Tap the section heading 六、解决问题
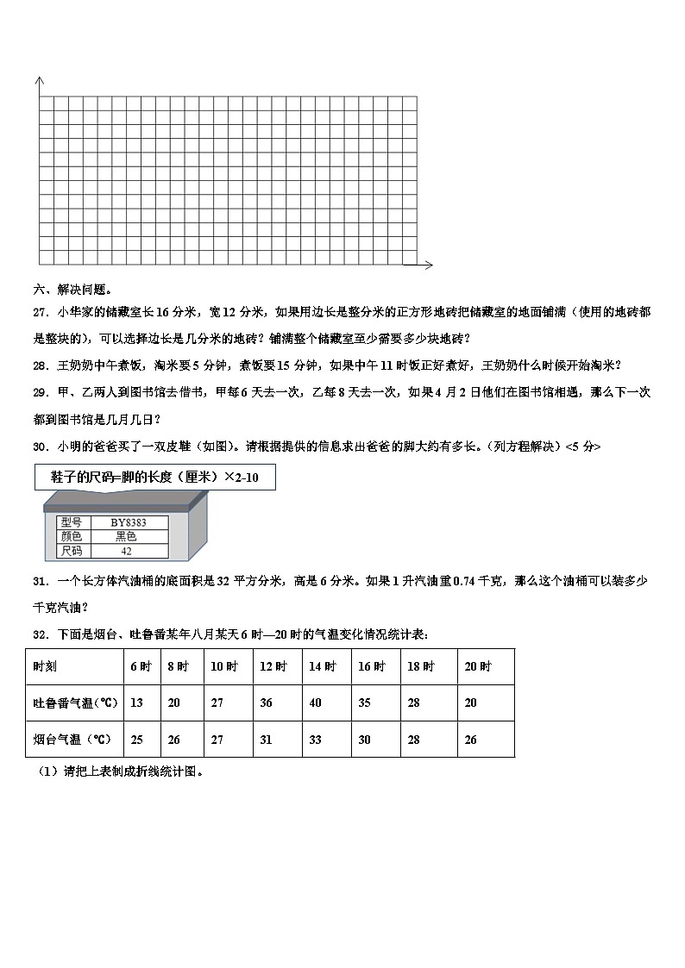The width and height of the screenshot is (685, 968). [x=72, y=290]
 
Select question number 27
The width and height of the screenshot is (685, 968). [x=41, y=312]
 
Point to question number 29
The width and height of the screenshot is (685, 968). [x=41, y=392]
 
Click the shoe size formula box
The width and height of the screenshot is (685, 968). [x=155, y=477]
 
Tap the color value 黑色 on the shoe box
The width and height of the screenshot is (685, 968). [x=126, y=536]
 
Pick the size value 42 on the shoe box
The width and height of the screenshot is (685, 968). [x=126, y=551]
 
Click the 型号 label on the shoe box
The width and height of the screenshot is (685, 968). [x=70, y=522]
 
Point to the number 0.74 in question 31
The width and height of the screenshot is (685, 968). [x=465, y=582]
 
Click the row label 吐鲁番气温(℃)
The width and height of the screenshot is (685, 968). [x=75, y=703]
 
